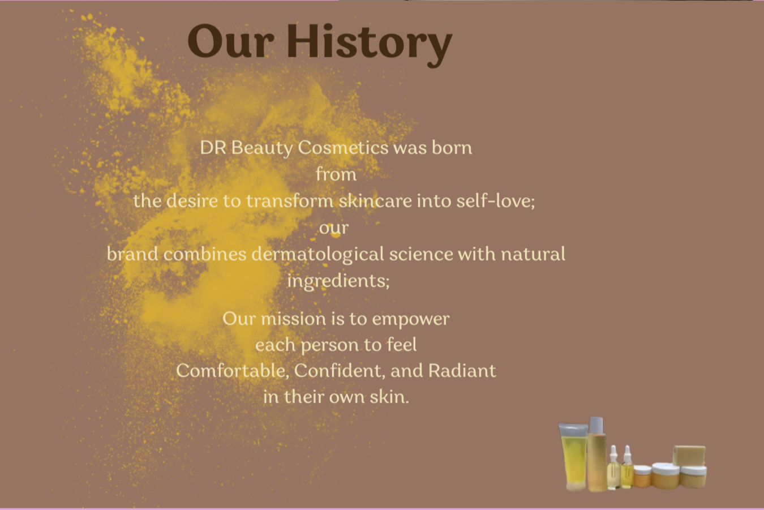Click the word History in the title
370,45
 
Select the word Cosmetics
343,148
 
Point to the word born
452,147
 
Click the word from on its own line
336,174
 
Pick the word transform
290,200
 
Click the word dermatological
318,255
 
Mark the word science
420,254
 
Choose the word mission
293,319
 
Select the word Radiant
462,371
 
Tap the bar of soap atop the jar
689,456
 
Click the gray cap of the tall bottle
596,425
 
